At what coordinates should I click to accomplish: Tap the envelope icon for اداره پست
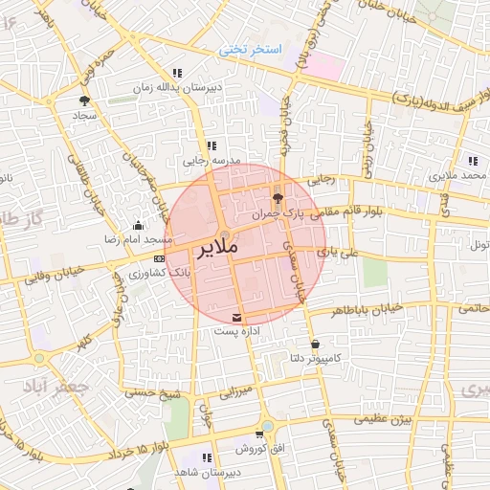point(237,318)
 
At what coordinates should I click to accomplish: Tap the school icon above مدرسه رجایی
point(212,145)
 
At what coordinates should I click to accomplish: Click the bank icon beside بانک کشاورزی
point(159,256)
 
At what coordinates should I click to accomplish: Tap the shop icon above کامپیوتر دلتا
point(315,344)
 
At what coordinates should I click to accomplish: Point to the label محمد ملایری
point(459,177)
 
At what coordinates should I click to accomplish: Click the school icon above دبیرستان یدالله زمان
point(177,73)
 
